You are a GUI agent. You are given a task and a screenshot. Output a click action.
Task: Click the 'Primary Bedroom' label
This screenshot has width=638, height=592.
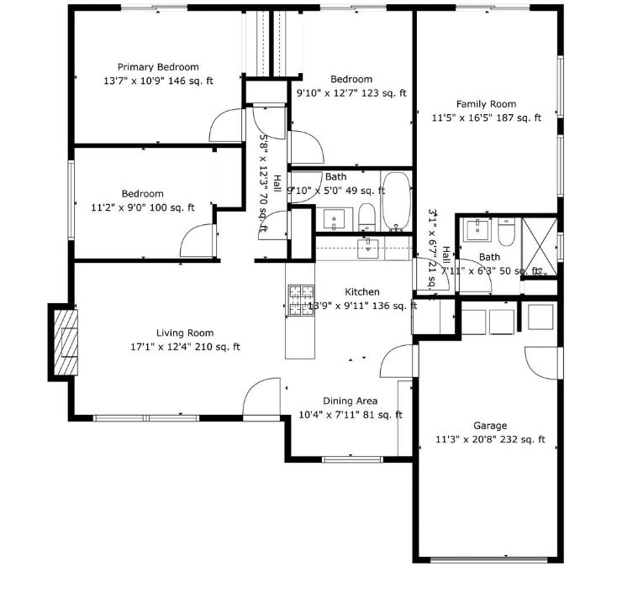[158, 67]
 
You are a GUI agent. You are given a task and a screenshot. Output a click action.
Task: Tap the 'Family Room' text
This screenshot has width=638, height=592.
[486, 104]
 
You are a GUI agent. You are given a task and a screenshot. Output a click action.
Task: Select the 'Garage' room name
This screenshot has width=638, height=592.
[490, 425]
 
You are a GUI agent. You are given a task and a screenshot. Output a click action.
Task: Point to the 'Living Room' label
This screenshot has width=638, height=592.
[185, 333]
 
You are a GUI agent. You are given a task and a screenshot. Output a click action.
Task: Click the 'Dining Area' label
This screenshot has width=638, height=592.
[350, 401]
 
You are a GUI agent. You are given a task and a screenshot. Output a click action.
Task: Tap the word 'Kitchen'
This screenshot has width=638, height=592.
[362, 292]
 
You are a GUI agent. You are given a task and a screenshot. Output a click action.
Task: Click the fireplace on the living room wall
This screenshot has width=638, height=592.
[64, 343]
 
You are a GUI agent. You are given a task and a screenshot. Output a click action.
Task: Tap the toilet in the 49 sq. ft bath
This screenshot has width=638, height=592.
[366, 217]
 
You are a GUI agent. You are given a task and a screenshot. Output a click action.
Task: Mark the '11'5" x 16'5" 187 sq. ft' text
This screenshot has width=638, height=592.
[486, 118]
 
